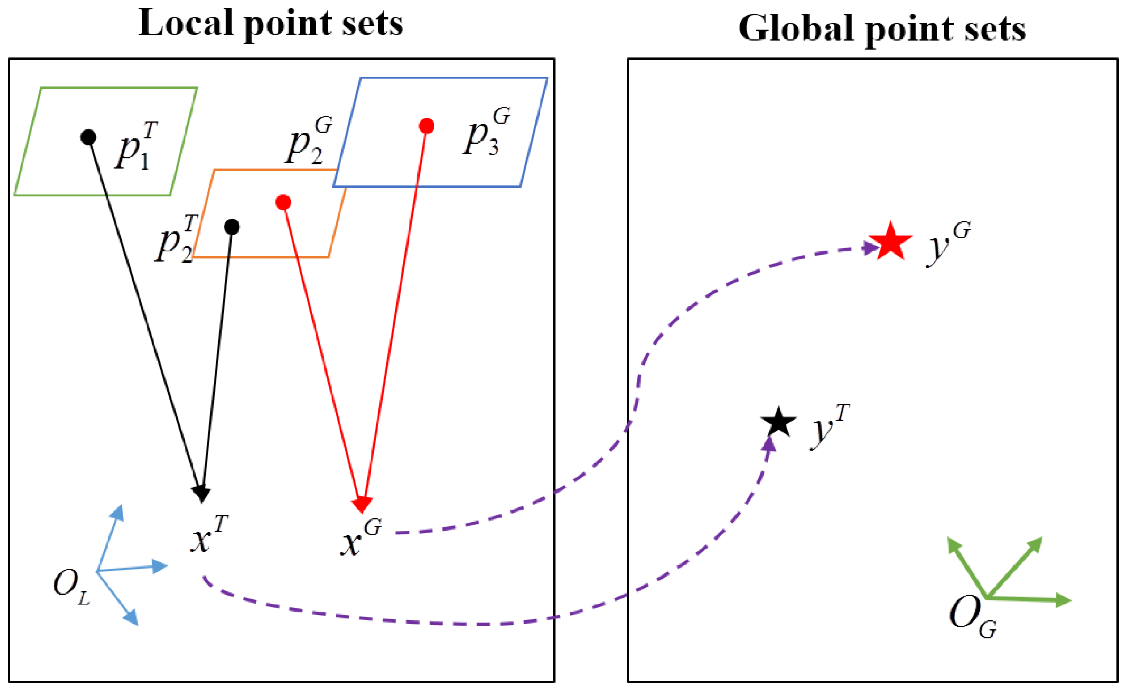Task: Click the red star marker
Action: pos(890,243)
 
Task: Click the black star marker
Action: pos(778,422)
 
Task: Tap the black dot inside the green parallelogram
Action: pos(88,137)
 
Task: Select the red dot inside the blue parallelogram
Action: pos(426,126)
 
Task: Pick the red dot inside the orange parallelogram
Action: pos(283,202)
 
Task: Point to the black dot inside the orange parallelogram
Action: pos(232,227)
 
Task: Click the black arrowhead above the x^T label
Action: pos(201,494)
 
